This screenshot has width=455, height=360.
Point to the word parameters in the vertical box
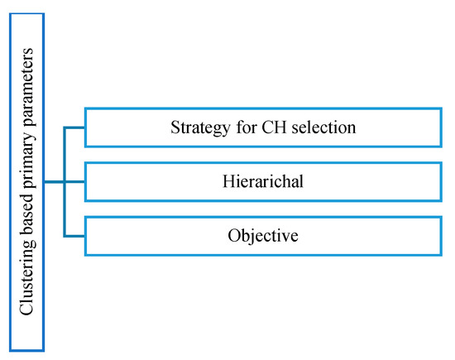point(26,83)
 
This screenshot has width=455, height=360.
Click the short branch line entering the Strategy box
point(75,127)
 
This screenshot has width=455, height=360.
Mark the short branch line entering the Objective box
point(75,237)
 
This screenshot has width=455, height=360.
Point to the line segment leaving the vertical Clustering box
point(54,182)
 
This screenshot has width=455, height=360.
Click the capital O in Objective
point(233,236)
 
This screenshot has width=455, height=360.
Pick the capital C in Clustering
point(26,311)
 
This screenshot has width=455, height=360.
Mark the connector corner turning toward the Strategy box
point(65,127)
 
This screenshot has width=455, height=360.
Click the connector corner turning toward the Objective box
point(65,237)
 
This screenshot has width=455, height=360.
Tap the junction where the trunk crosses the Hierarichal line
point(65,182)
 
